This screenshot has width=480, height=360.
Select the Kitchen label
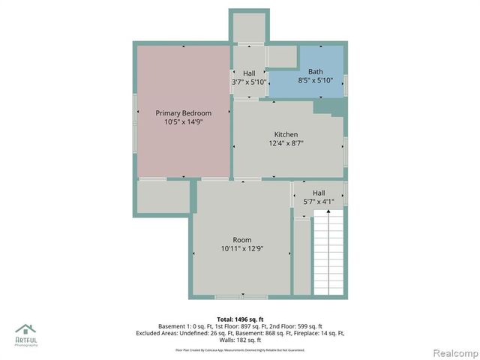pyautogui.click(x=286, y=133)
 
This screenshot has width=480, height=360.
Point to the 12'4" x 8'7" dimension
pyautogui.click(x=286, y=142)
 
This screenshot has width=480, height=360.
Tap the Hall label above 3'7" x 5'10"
pyautogui.click(x=249, y=73)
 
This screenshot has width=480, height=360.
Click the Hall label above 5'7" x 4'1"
pyautogui.click(x=319, y=192)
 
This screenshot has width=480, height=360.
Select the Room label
pyautogui.click(x=241, y=239)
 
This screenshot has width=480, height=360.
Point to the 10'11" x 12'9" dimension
pyautogui.click(x=241, y=248)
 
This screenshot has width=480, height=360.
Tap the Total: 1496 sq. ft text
pyautogui.click(x=241, y=319)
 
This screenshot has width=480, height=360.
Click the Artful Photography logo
pyautogui.click(x=25, y=333)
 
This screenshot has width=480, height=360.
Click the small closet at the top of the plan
pyautogui.click(x=248, y=27)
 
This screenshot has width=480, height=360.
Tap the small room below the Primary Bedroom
pyautogui.click(x=163, y=197)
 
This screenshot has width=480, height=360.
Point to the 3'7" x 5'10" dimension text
pyautogui.click(x=249, y=81)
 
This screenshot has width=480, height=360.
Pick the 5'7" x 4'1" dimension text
pyautogui.click(x=319, y=201)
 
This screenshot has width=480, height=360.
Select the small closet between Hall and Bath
pyautogui.click(x=281, y=57)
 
